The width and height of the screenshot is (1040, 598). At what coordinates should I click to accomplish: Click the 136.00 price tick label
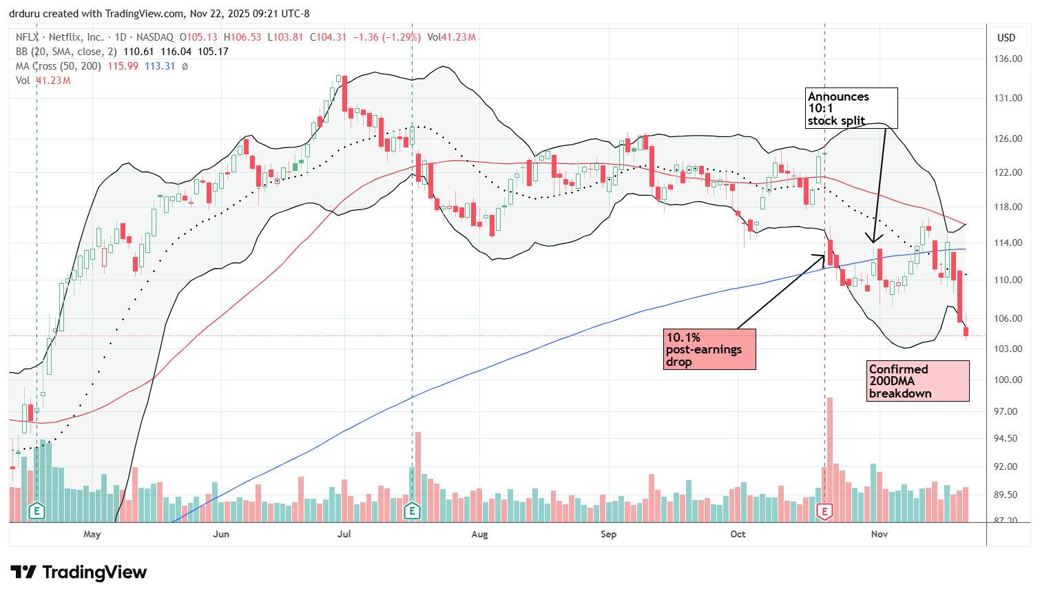(1008, 59)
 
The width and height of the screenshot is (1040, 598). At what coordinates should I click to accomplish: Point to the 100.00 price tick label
(1008, 380)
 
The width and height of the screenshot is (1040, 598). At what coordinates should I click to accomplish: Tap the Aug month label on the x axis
(479, 534)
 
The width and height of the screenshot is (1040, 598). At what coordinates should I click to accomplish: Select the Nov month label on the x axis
(880, 534)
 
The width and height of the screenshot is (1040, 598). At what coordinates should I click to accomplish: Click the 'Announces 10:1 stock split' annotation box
(852, 108)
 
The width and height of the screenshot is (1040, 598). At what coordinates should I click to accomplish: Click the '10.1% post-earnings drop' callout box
(710, 349)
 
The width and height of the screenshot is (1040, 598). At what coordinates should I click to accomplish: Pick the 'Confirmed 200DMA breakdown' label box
(917, 381)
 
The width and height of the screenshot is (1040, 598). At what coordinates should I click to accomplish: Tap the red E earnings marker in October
(824, 511)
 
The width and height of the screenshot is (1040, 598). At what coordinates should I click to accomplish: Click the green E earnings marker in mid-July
(412, 511)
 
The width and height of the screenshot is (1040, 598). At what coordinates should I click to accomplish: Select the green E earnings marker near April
(37, 511)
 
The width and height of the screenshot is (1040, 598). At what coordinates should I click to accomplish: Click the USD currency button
(1006, 38)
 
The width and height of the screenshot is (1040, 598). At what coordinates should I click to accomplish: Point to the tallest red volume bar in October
(830, 455)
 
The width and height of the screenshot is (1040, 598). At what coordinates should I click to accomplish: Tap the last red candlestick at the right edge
(966, 331)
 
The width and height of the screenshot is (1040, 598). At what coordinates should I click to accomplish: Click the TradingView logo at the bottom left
(79, 573)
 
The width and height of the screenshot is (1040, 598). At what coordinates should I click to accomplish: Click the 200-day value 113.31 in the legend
(160, 66)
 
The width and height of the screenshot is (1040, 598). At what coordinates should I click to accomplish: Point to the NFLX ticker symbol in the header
(28, 37)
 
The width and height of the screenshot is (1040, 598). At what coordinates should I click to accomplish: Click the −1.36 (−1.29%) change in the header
(386, 37)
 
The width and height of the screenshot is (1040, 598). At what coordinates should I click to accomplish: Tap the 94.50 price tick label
(1008, 438)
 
